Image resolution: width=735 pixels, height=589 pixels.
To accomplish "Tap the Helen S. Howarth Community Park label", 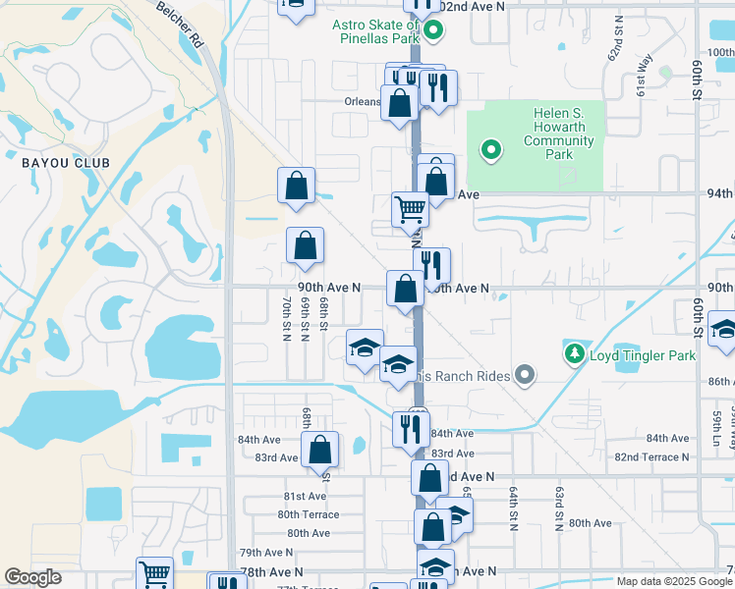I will (x=559, y=134).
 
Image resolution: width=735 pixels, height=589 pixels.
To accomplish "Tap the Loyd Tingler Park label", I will (x=643, y=355).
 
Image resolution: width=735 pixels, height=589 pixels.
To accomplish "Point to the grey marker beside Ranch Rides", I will (x=526, y=373).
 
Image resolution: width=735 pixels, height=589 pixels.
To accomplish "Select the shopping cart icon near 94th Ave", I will (x=409, y=208).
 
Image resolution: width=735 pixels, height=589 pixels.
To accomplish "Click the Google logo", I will (x=33, y=578).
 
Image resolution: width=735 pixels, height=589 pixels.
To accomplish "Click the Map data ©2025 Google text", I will (x=674, y=581).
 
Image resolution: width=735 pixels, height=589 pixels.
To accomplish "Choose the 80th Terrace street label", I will (x=308, y=514).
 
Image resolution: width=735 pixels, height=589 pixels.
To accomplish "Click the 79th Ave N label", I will (x=266, y=553).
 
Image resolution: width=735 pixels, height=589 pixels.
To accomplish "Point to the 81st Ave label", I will (x=305, y=497).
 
